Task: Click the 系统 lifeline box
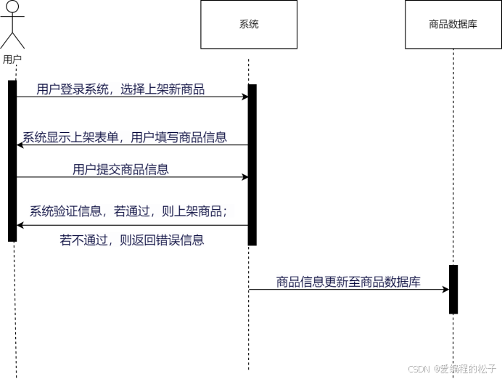point(249,25)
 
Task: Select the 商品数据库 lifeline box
point(453,25)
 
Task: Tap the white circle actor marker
point(12,7)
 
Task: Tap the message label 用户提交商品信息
point(120,170)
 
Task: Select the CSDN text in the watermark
point(419,368)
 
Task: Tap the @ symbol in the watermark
point(436,368)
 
